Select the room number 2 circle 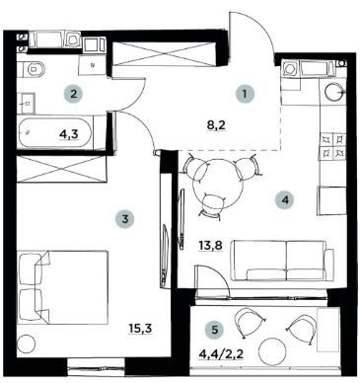tap(71, 95)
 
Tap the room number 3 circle tap(122, 219)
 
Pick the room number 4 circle tap(285, 199)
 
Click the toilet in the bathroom tap(33, 68)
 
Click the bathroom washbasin tap(27, 101)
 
